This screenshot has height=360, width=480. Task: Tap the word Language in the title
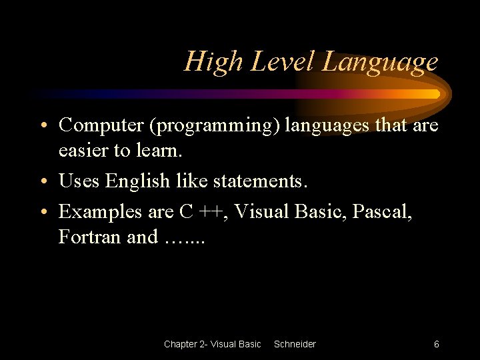tap(381, 62)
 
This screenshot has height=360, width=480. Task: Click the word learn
tap(159, 151)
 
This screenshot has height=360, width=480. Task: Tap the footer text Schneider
tap(295, 344)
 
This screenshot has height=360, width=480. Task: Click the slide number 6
tap(436, 344)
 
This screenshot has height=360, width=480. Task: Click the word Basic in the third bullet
tap(316, 211)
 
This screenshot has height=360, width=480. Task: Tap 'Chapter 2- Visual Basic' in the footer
tap(212, 344)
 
